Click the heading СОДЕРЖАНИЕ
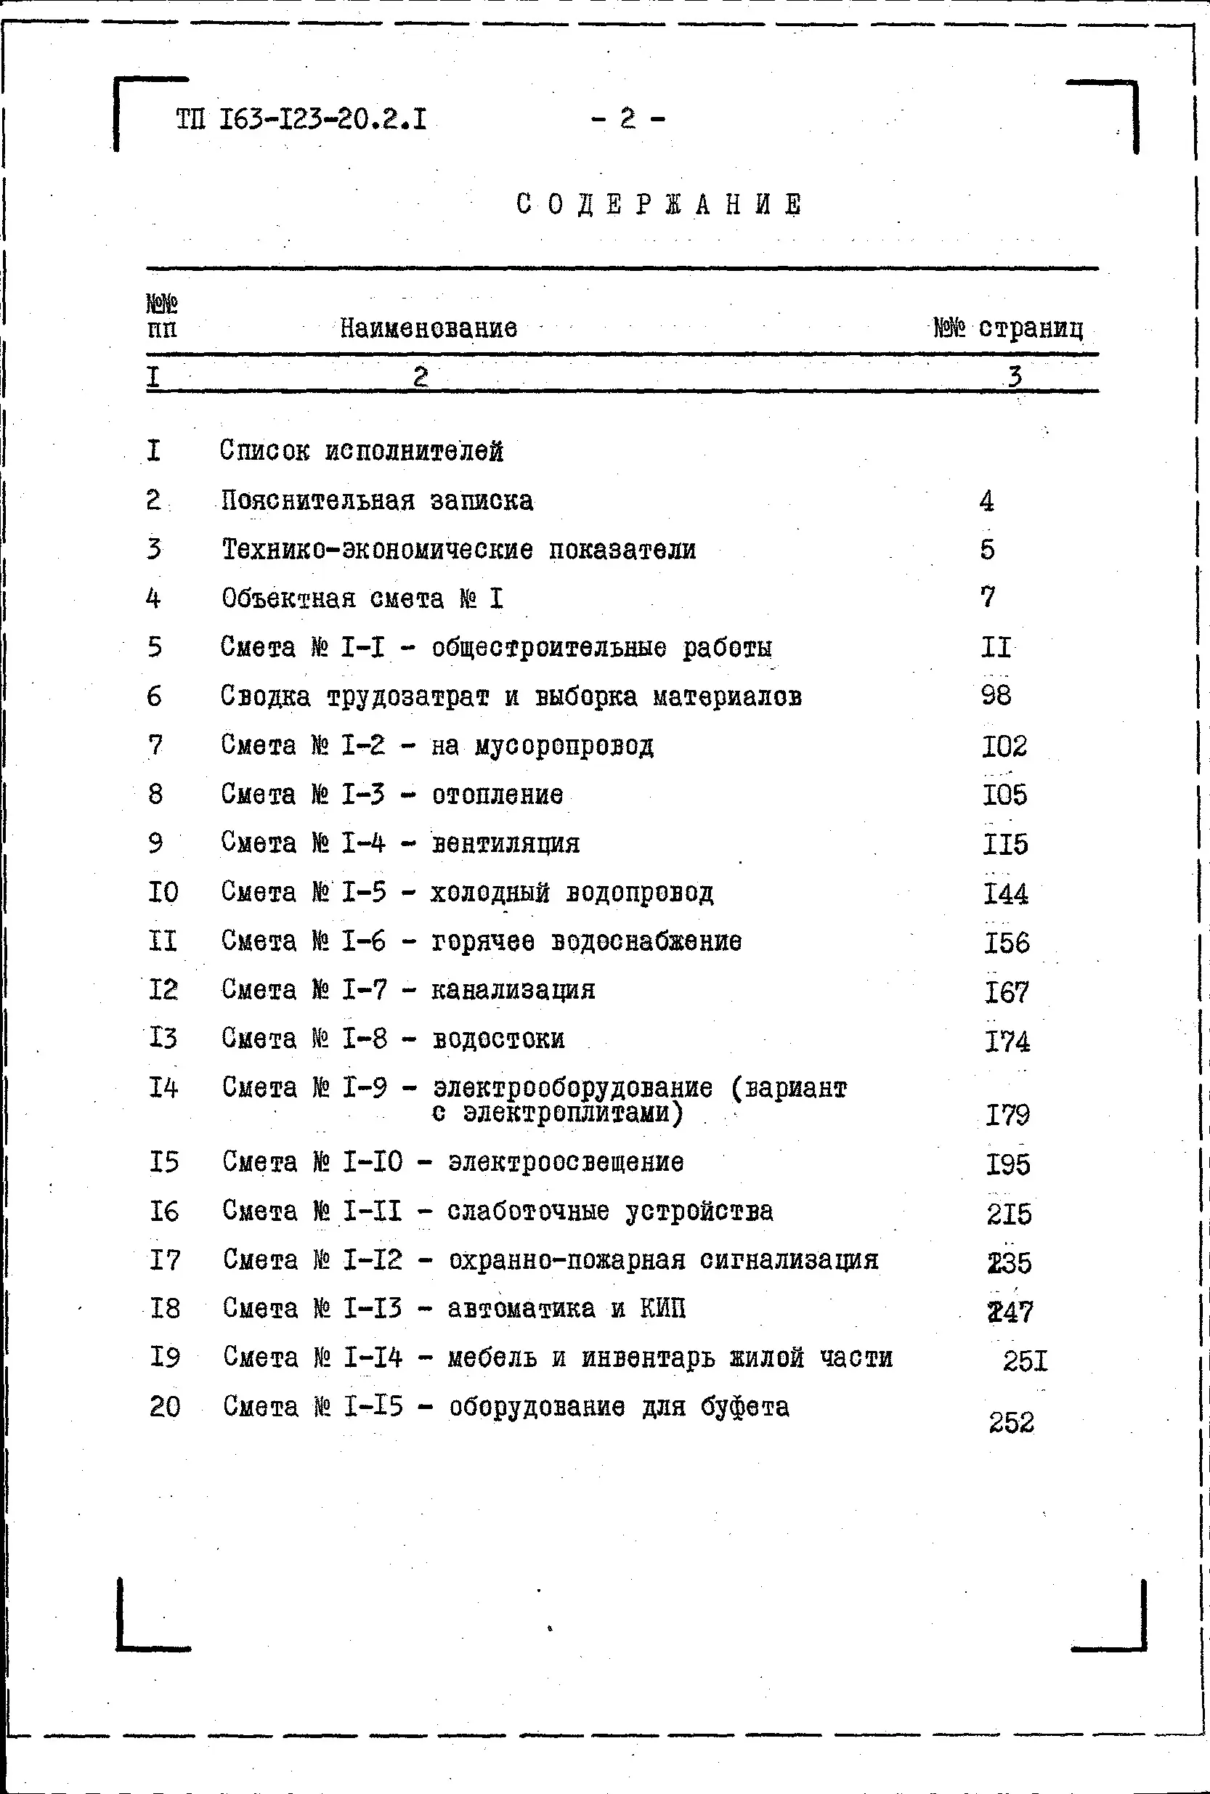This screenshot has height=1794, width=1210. coord(659,206)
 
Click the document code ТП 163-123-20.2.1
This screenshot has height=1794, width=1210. coord(301,121)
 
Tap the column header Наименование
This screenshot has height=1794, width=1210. coord(429,329)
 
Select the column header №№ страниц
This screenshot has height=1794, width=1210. coord(1008,329)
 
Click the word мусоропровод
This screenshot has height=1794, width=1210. coord(564,746)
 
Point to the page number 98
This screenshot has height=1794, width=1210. coord(996,696)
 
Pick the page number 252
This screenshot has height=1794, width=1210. coord(1011,1422)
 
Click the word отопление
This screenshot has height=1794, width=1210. coord(497,795)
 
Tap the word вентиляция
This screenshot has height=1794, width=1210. coord(505,843)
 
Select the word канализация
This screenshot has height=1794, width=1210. coord(513,990)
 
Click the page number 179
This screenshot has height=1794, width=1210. coord(1007,1115)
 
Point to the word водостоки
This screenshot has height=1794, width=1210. coord(498,1039)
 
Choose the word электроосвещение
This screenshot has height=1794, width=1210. coord(566,1162)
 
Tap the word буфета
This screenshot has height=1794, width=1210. coord(744,1407)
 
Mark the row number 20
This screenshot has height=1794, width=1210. coord(164,1407)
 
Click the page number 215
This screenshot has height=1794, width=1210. coord(1009,1214)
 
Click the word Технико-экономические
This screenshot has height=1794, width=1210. coord(378,550)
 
